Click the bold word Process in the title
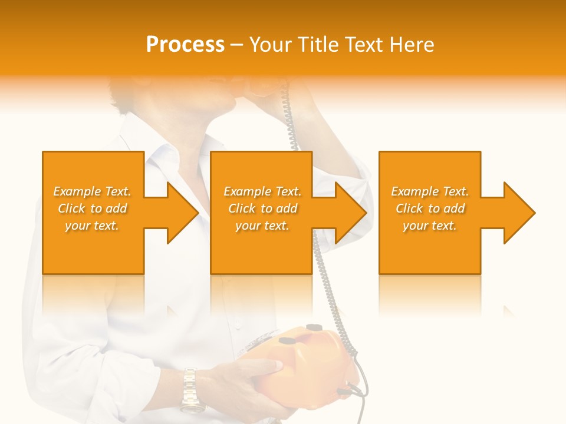tap(185, 45)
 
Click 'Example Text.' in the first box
tap(92, 191)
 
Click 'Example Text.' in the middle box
tap(262, 191)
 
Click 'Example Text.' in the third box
tap(430, 191)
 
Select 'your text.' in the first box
tap(92, 226)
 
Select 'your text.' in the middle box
tap(262, 226)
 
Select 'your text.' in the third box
tap(430, 226)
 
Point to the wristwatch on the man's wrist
tap(190, 389)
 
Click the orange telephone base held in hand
tap(312, 365)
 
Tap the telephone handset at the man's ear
tap(265, 88)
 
